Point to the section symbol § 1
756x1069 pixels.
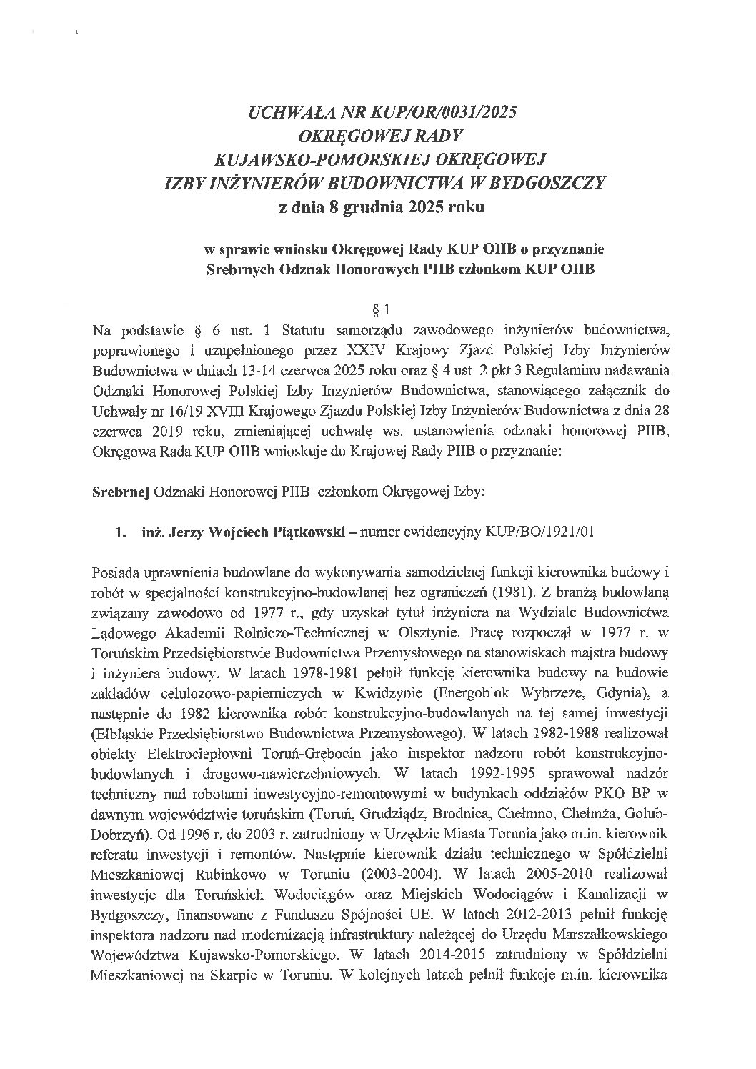pos(379,311)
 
